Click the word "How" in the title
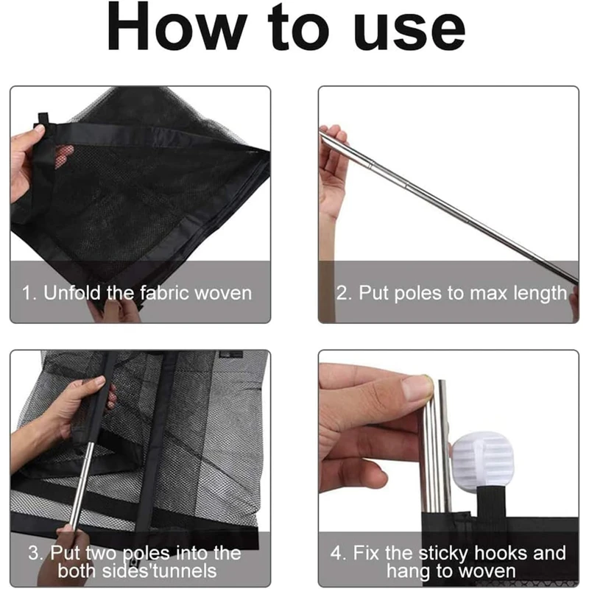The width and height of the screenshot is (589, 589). tap(177, 27)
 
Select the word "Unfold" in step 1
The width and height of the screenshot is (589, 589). tap(72, 293)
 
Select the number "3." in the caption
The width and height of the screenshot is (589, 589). tap(36, 554)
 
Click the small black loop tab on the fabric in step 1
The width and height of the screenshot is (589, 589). tap(43, 119)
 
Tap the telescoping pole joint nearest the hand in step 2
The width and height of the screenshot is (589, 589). tap(372, 164)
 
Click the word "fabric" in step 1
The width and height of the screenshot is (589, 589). tap(164, 293)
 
